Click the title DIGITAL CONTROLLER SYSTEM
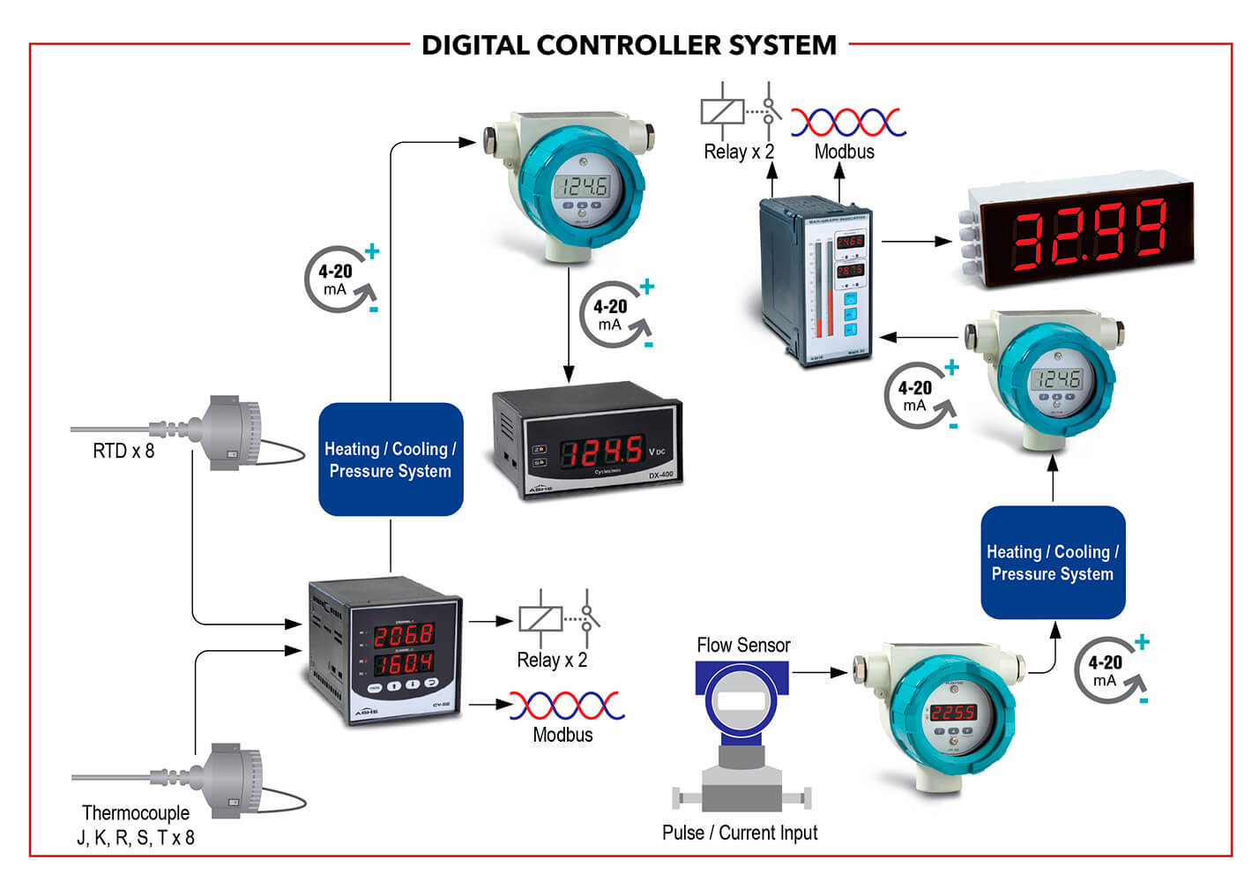coord(629,44)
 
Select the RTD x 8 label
coord(123,451)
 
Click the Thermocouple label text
coord(136,812)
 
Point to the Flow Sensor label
coord(743,645)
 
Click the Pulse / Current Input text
coord(740,833)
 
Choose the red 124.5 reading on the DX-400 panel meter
coord(602,452)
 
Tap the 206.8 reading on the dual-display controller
coord(404,634)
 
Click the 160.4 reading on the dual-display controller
coord(404,662)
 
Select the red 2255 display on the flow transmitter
coord(953,712)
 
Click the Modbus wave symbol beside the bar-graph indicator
coord(847,122)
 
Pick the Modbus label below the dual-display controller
coord(562,735)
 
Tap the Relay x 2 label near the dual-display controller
coord(552,660)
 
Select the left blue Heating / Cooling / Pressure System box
coord(391,460)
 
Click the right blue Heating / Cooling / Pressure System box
coord(1053,563)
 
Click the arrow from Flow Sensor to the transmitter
coord(819,673)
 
